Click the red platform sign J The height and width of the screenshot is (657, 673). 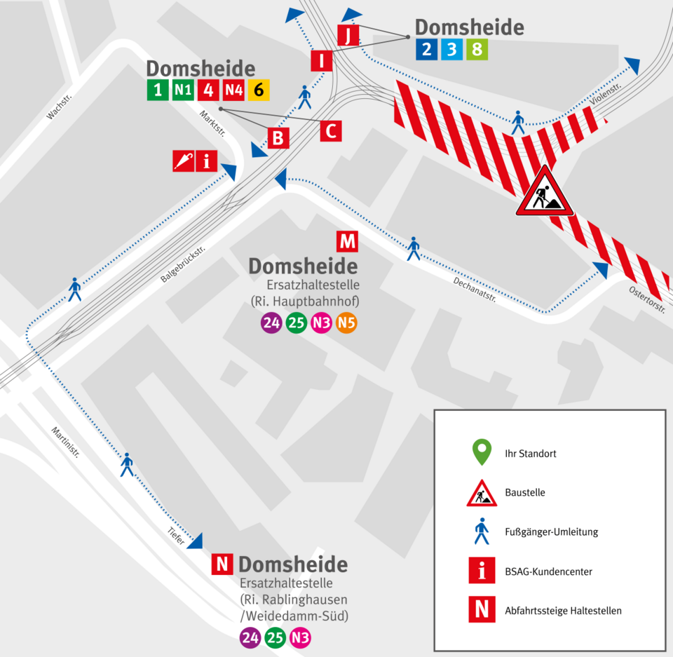click(348, 35)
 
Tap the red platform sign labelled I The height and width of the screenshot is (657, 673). click(321, 60)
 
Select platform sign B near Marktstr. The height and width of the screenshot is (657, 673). click(278, 137)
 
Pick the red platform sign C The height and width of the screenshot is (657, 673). click(331, 130)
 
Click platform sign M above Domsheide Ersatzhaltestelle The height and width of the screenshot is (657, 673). click(348, 241)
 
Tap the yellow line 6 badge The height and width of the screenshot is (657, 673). click(259, 90)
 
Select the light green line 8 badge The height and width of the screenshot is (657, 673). click(477, 49)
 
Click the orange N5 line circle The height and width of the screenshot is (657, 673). click(346, 323)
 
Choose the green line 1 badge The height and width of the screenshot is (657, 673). click(158, 90)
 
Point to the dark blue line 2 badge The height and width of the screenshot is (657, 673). click(426, 49)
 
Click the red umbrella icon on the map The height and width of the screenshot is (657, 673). click(183, 161)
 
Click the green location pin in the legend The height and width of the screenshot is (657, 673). click(481, 453)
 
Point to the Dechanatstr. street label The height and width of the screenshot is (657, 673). click(475, 289)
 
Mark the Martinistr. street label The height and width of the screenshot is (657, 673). click(65, 441)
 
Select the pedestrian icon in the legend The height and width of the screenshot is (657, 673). click(481, 531)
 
